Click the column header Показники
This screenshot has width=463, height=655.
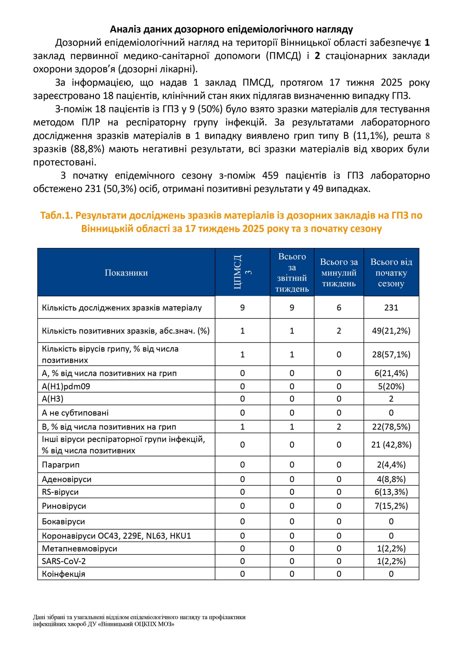click(x=126, y=272)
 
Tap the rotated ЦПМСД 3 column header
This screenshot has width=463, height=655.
click(x=242, y=272)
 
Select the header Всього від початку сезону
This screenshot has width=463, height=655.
click(x=391, y=272)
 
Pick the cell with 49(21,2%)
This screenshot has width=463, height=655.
click(x=391, y=331)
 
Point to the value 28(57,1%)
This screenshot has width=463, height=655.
click(x=391, y=354)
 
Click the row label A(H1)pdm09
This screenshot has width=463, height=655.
click(x=66, y=386)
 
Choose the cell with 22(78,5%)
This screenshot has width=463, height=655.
click(x=391, y=427)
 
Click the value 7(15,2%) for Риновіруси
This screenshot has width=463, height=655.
click(x=391, y=506)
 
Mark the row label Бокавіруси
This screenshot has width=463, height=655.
click(x=63, y=522)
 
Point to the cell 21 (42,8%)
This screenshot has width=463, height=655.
click(x=391, y=444)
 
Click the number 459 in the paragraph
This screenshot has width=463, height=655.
click(x=270, y=175)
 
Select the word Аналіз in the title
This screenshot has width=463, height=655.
click(x=125, y=29)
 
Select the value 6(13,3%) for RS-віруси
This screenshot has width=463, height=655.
click(x=391, y=492)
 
